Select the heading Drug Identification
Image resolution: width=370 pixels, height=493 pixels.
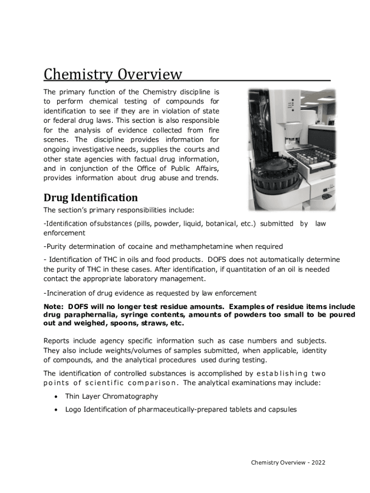pyautogui.click(x=91, y=198)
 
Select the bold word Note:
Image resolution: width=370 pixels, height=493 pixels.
pyautogui.click(x=54, y=307)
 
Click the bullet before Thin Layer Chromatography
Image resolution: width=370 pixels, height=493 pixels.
pyautogui.click(x=56, y=397)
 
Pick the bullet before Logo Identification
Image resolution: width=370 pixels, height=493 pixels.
pyautogui.click(x=56, y=410)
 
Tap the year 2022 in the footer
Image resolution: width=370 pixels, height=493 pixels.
pyautogui.click(x=318, y=463)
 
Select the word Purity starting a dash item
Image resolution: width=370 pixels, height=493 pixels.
pyautogui.click(x=56, y=246)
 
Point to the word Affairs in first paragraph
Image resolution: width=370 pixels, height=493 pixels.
pyautogui.click(x=206, y=168)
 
